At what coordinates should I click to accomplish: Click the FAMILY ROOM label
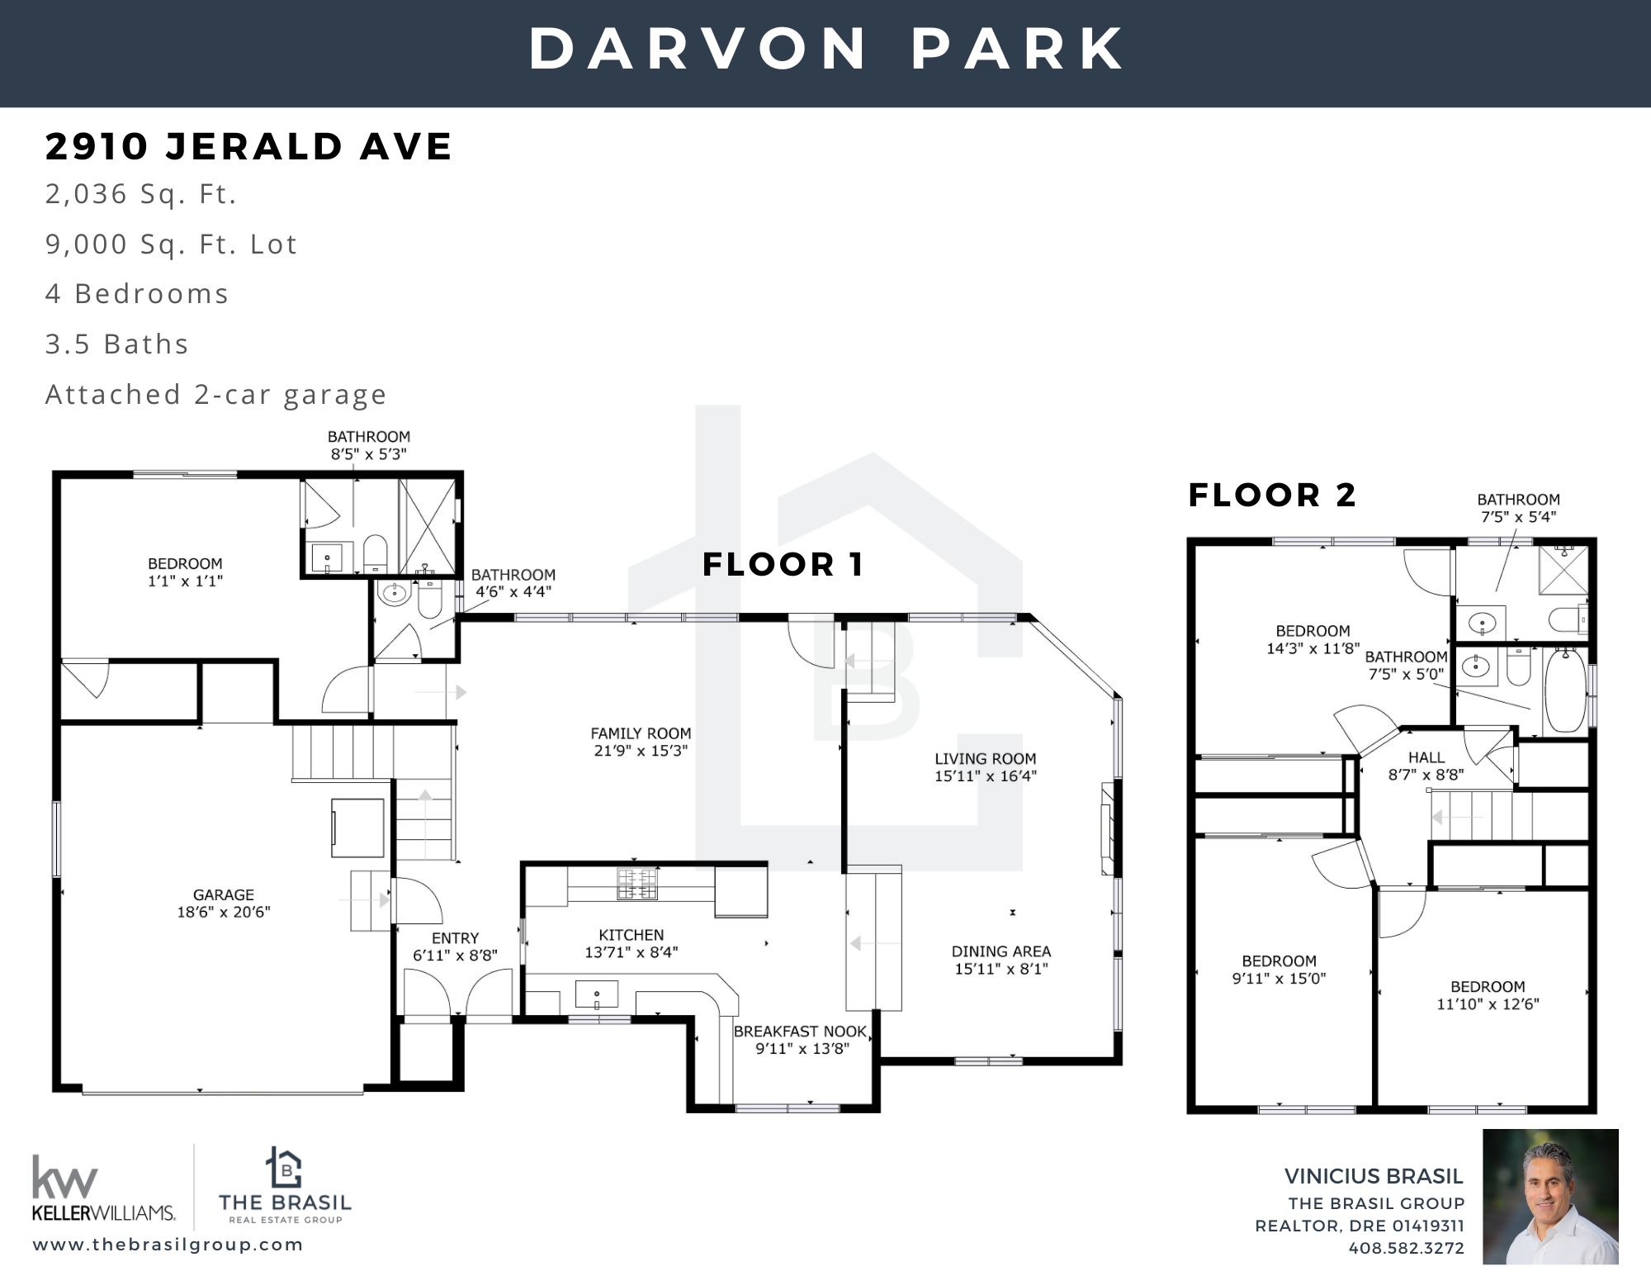641,733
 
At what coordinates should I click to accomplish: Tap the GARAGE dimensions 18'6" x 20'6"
223,912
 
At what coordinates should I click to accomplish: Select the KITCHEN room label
631,935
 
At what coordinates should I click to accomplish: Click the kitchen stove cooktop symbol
636,884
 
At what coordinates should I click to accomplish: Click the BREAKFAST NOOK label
800,1032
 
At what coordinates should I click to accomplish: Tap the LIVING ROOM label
985,758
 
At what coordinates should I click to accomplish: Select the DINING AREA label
1001,951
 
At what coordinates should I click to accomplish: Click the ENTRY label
455,938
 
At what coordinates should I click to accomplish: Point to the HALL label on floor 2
1426,757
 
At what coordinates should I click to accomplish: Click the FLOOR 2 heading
1272,495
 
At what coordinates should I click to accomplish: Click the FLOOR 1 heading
783,565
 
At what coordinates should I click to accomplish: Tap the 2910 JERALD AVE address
248,146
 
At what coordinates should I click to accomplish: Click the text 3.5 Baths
117,344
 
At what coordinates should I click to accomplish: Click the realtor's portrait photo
1550,1197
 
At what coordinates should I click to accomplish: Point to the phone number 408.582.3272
1406,1248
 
